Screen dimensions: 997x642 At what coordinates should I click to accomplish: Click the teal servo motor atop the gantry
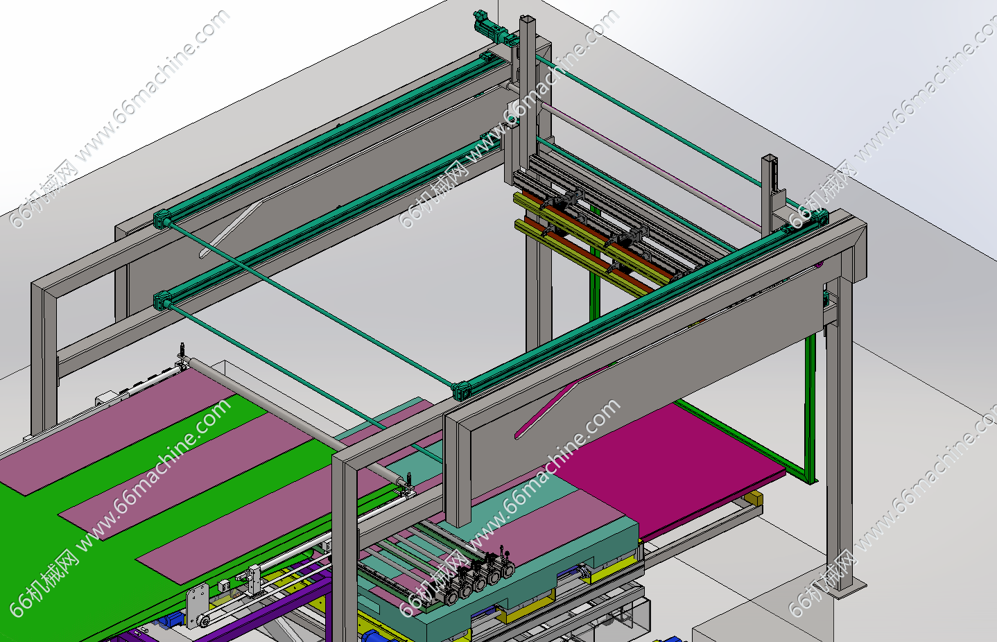point(494,28)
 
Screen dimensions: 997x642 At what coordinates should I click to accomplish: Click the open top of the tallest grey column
point(527,19)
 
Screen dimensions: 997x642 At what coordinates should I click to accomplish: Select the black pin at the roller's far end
point(182,349)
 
